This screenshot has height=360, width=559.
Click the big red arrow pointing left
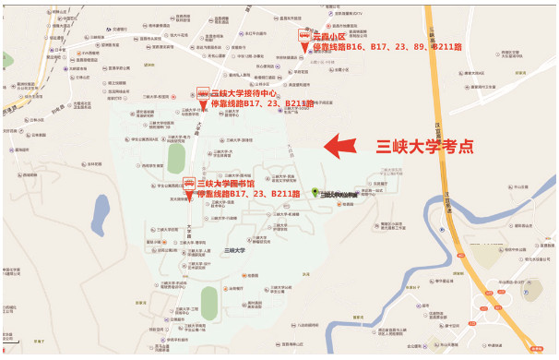point(344,145)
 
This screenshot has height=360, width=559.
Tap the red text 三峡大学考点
point(425,145)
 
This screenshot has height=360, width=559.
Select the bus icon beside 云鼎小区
point(303,35)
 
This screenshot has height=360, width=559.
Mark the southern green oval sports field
point(209,300)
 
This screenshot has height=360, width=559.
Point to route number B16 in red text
point(366,46)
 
